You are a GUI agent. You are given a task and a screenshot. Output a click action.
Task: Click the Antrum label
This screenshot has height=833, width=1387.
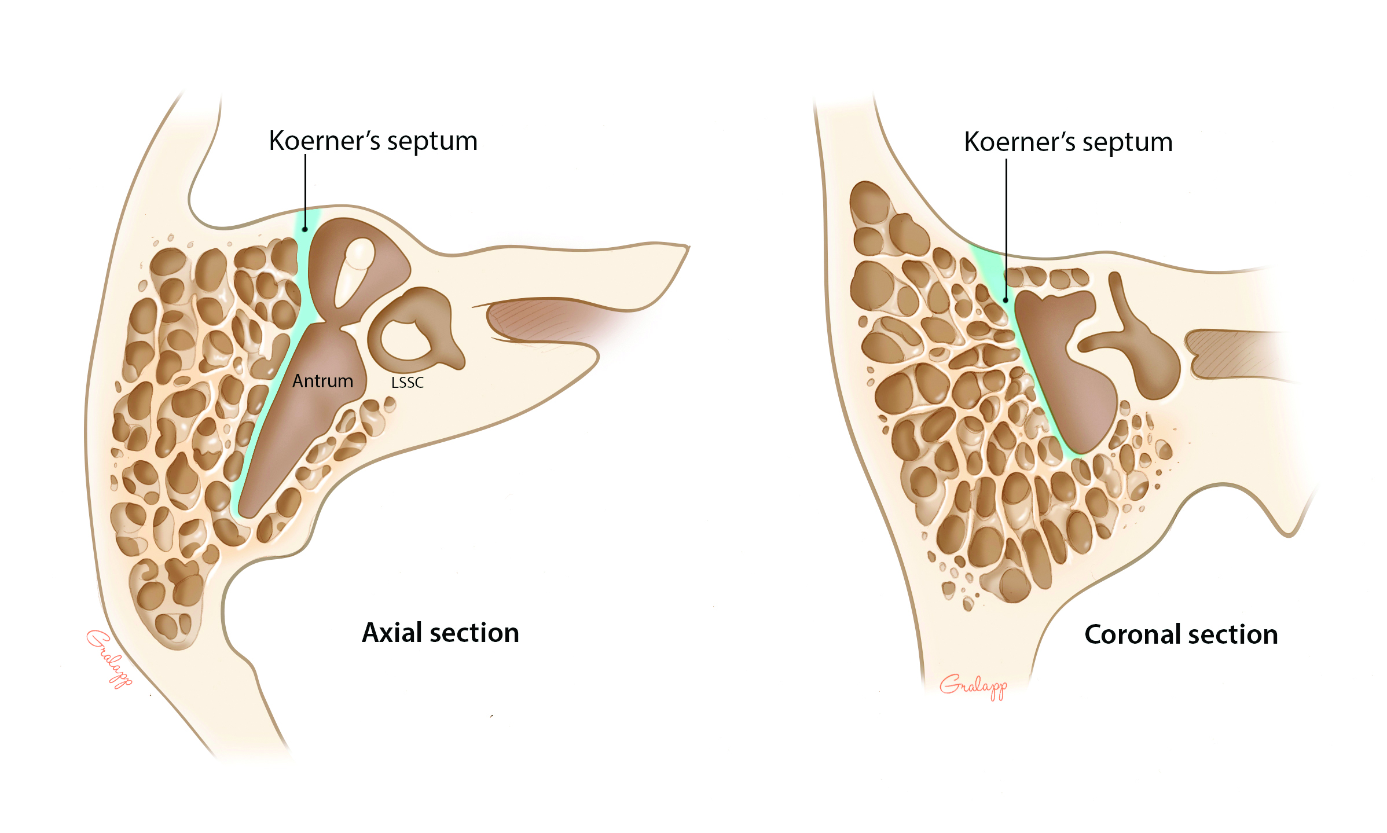point(322,381)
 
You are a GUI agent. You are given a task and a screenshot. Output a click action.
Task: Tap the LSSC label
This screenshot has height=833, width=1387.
point(407,383)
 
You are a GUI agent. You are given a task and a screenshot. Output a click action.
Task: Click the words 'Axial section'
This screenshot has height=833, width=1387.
point(440,633)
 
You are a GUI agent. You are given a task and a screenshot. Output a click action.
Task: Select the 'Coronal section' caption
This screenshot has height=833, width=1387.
point(1181,634)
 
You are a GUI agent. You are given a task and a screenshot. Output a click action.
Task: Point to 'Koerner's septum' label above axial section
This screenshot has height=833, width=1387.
point(373,141)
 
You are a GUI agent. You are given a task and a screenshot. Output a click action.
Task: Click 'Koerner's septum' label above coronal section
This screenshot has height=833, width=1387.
point(1068,142)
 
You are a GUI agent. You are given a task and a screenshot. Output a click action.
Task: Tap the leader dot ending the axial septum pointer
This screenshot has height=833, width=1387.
point(305,229)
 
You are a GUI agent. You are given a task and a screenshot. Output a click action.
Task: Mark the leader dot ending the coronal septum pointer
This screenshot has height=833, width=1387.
point(1006,300)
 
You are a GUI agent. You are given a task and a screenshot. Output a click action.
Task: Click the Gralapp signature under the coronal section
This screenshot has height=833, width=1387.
point(973,687)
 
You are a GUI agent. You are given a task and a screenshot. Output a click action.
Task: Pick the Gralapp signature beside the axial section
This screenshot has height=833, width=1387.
point(109,659)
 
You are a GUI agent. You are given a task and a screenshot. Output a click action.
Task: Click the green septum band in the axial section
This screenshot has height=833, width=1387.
point(272,394)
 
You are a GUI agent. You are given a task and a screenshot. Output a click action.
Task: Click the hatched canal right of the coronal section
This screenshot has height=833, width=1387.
point(1233,354)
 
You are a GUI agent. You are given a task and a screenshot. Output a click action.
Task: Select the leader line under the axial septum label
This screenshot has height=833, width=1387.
point(306,191)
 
